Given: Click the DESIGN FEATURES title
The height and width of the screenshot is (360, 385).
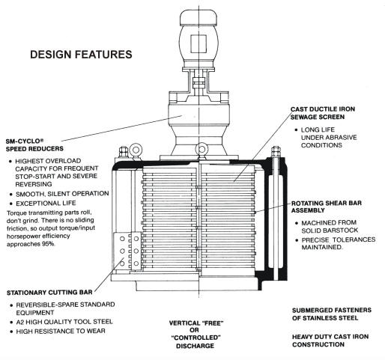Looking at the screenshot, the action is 81,55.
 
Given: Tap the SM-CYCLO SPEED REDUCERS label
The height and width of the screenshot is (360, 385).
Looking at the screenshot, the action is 34,145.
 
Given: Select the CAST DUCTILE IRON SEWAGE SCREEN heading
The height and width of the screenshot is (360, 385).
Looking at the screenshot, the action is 323,113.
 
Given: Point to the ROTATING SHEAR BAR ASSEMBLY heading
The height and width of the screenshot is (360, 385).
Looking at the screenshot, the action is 327,207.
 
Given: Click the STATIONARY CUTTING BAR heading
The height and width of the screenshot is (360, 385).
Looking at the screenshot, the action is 49,293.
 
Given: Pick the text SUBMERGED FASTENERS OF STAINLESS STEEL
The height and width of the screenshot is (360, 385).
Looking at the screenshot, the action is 332,314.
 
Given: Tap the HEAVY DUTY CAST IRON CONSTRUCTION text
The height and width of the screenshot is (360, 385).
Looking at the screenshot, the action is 330,341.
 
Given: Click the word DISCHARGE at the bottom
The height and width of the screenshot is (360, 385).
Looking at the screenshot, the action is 195,346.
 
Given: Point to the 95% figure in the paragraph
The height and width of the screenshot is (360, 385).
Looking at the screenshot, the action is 48,244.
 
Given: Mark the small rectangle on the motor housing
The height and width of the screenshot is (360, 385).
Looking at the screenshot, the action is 198,44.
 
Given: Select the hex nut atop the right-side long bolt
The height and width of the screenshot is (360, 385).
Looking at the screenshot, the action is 276,151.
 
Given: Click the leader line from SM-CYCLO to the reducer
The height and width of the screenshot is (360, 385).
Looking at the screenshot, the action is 121,128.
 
